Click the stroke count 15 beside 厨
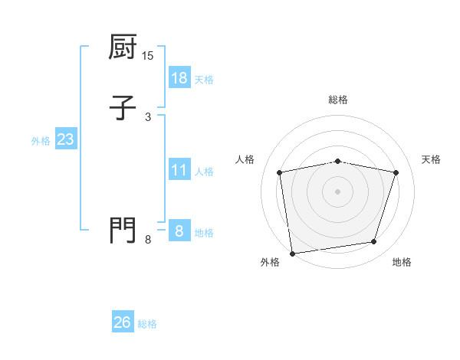coord(148,56)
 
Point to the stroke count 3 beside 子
coord(148,116)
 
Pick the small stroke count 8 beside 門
coord(148,240)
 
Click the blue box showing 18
coord(179,78)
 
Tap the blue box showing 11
coord(179,169)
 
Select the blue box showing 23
coord(65,140)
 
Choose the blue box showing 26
coord(122,322)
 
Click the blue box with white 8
coord(179,231)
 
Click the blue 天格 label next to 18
coord(204,80)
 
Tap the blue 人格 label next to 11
coord(204,171)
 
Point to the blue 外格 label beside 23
coord(41,141)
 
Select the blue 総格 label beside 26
coord(147,324)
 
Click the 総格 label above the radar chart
coord(338,100)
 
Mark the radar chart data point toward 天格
coord(396,172)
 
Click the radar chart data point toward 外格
coord(292,253)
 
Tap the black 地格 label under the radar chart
coord(402,263)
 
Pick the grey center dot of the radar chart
coord(337,191)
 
